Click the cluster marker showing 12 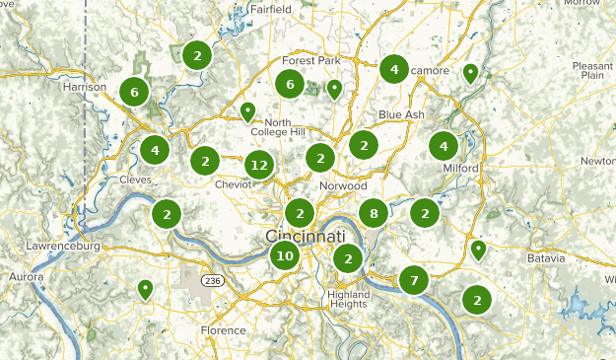click(x=259, y=166)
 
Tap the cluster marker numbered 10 click(x=285, y=256)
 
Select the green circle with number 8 click(x=373, y=212)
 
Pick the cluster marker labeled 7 click(x=414, y=280)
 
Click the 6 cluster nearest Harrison click(x=134, y=93)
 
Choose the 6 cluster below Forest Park click(x=290, y=84)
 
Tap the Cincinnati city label click(x=306, y=238)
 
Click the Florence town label click(x=222, y=330)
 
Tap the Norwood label click(x=343, y=185)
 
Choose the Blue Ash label click(x=401, y=114)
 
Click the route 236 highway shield click(x=212, y=281)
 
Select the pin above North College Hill click(x=248, y=110)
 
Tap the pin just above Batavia click(x=478, y=249)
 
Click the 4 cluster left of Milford click(x=444, y=146)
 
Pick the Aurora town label click(x=27, y=278)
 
